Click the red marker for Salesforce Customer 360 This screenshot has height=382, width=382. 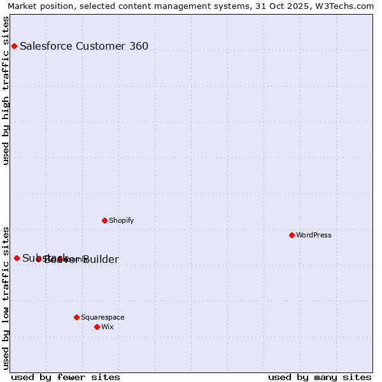coord(14,46)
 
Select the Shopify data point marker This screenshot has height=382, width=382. coord(104,220)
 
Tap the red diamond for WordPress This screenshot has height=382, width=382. coord(292,235)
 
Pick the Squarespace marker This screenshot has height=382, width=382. coord(76,317)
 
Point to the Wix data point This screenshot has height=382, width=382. coord(97,327)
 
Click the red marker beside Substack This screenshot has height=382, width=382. coord(17,258)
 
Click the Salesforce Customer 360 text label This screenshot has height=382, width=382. coord(84,46)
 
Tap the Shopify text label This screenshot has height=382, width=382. coord(121,220)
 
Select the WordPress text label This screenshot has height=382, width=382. coord(314,235)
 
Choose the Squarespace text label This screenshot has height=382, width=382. coord(103,317)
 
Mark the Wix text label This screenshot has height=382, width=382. coord(107,327)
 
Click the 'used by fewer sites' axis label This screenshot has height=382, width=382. coord(66,377)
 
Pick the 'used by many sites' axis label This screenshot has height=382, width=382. coord(320,377)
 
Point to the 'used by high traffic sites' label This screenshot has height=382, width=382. coord(6,90)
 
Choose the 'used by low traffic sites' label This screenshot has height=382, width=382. coord(6,297)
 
